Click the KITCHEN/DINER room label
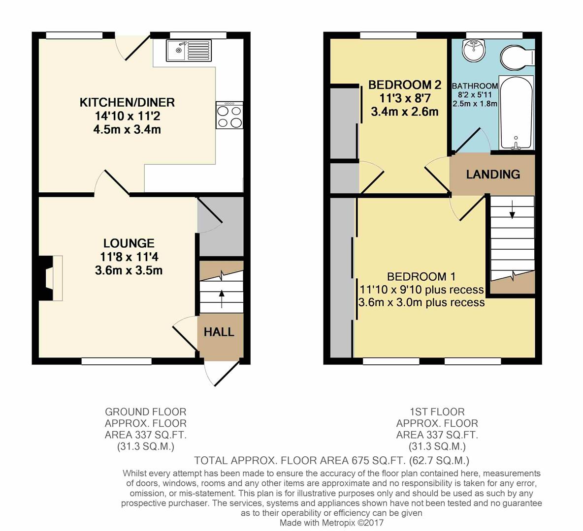pos(127,103)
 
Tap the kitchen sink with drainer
pos(189,51)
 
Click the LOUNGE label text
pos(129,243)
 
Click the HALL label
pos(219,332)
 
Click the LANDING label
pos(493,174)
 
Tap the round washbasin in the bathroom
pos(474,50)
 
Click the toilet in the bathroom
pos(516,58)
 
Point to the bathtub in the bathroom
pos(516,113)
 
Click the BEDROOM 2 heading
pos(405,86)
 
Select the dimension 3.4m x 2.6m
pos(405,112)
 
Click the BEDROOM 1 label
pos(421,277)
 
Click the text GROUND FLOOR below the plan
pos(146,412)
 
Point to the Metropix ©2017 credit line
pos(332,523)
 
